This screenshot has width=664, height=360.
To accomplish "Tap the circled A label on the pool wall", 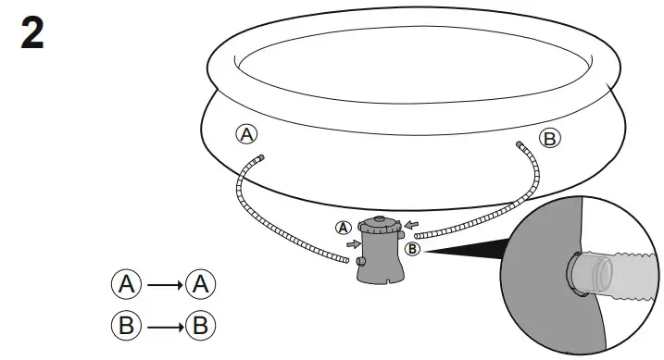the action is point(246,134).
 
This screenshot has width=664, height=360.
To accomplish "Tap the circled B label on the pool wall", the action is point(550,139).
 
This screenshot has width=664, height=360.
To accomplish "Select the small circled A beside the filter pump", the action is point(345,227).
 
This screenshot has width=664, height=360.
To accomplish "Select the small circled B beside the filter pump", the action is point(413,248).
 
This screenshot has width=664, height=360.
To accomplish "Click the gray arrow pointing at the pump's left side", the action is point(353,244).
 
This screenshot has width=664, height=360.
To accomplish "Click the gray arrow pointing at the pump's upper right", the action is point(411,223).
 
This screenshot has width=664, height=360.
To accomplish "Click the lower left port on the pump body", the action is point(360,264).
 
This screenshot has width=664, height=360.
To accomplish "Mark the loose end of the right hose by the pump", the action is point(419,237).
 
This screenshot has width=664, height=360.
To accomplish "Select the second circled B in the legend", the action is point(200,325).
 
